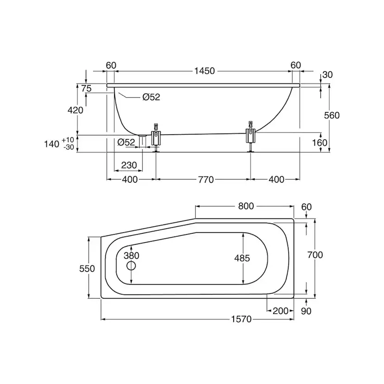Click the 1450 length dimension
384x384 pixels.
pyautogui.click(x=205, y=71)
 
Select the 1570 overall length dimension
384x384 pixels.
pyautogui.click(x=242, y=319)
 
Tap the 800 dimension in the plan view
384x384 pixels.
pyautogui.click(x=246, y=206)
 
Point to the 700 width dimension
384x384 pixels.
pyautogui.click(x=315, y=255)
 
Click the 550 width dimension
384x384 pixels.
pyautogui.click(x=87, y=269)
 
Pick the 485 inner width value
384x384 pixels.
pyautogui.click(x=242, y=258)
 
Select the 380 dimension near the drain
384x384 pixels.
pyautogui.click(x=132, y=256)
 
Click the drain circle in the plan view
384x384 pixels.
pyautogui.click(x=131, y=266)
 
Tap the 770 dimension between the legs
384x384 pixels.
pyautogui.click(x=206, y=180)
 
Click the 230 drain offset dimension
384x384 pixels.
pyautogui.click(x=129, y=165)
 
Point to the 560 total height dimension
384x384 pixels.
pyautogui.click(x=332, y=115)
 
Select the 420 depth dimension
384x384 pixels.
pyautogui.click(x=76, y=110)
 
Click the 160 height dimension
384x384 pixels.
pyautogui.click(x=320, y=142)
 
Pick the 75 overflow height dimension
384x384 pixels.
pyautogui.click(x=86, y=89)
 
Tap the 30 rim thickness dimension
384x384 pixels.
pyautogui.click(x=327, y=75)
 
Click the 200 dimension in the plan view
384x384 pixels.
pyautogui.click(x=281, y=311)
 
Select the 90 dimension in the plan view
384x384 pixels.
pyautogui.click(x=306, y=311)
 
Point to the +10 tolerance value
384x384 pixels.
pyautogui.click(x=68, y=140)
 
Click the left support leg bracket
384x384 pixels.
pyautogui.click(x=156, y=137)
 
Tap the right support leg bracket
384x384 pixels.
pyautogui.click(x=250, y=136)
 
